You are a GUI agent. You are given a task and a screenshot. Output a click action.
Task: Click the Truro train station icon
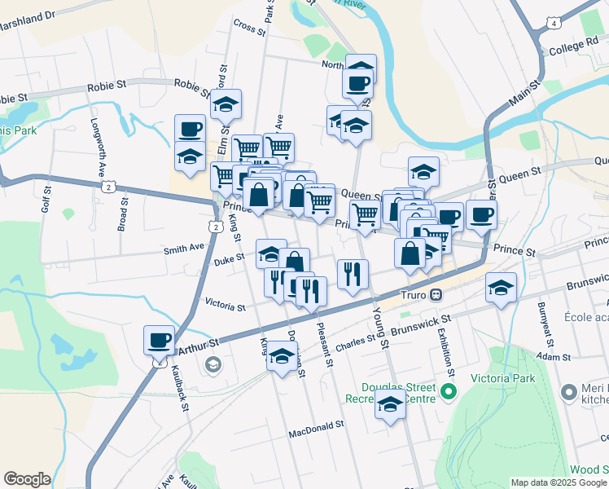click(436, 294)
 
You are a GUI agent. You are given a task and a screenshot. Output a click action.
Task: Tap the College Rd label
click(573, 47)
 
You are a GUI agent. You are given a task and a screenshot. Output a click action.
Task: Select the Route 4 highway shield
click(554, 24)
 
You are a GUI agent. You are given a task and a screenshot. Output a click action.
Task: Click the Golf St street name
click(45, 198)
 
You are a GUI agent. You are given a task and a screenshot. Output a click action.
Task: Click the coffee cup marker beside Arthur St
click(159, 339)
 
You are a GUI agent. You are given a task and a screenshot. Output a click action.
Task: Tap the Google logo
click(26, 479)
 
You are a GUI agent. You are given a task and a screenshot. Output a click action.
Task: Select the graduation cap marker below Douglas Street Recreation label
click(390, 403)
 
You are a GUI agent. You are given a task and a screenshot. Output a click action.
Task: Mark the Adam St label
click(554, 357)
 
